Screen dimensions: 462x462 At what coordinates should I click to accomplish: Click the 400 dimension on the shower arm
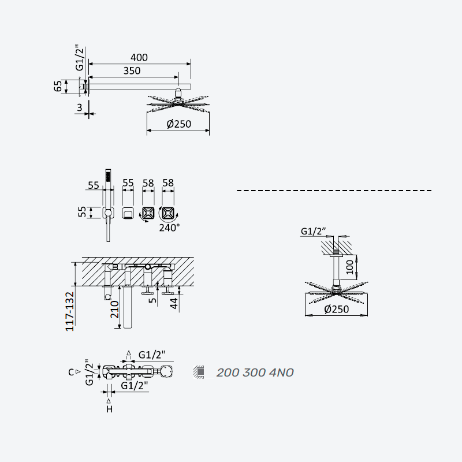[139, 57]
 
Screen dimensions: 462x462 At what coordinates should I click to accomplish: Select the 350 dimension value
[132, 70]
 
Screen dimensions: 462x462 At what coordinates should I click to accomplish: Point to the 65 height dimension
[58, 86]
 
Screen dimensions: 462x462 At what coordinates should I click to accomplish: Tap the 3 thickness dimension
[79, 107]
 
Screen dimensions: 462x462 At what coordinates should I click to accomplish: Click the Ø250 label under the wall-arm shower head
[179, 124]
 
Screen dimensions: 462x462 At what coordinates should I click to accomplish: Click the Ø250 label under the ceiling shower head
[337, 309]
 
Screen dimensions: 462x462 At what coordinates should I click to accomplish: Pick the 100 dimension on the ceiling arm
[350, 267]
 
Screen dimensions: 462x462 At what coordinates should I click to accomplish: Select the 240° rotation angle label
[169, 228]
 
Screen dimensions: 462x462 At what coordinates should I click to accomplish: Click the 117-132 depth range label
[69, 311]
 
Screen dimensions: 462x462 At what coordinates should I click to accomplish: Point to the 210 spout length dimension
[114, 310]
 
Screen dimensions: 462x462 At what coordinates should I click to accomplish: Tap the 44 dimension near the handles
[174, 303]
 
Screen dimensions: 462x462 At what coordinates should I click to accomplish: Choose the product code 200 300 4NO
[255, 372]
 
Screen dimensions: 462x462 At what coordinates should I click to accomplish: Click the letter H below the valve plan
[109, 409]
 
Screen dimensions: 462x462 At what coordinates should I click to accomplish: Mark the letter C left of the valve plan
[70, 372]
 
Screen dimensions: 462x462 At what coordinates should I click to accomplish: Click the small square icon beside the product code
[200, 372]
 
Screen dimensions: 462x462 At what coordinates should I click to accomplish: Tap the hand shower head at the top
[108, 176]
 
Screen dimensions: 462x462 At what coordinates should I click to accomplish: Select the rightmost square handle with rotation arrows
[168, 213]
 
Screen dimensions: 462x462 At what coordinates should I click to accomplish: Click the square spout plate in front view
[128, 213]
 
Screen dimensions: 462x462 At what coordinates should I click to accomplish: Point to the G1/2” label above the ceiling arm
[313, 232]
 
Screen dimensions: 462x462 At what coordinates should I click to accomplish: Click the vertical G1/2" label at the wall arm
[80, 58]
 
